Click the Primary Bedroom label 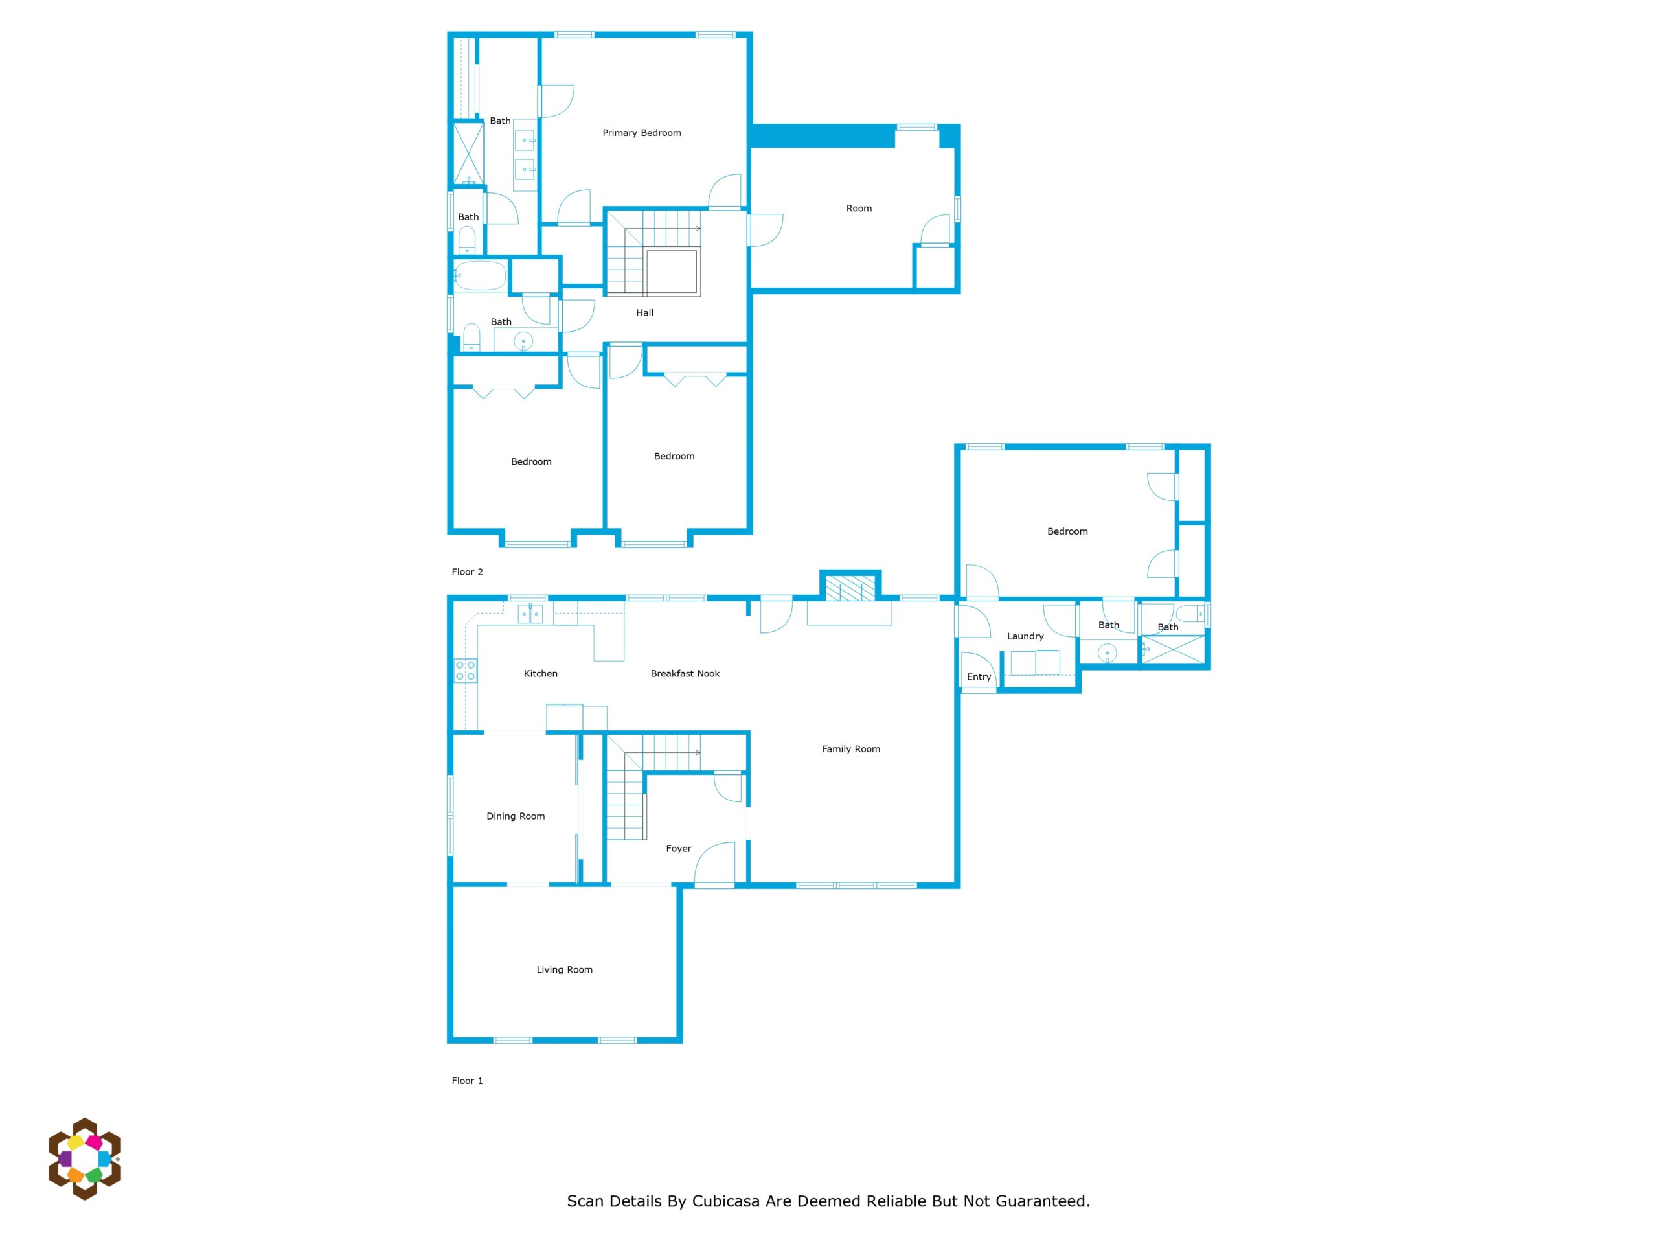point(642,133)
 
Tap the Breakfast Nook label point(685,673)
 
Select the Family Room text point(851,748)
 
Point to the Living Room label point(564,969)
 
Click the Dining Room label point(516,816)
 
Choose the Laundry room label point(1025,636)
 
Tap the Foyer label point(678,848)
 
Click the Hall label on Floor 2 point(644,313)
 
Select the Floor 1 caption point(467,1081)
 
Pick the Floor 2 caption point(467,571)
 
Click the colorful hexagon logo point(85,1158)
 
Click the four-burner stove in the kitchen point(466,671)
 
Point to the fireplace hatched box point(850,587)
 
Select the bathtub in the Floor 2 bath point(480,276)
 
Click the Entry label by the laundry point(979,676)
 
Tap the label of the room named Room point(859,209)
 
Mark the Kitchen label point(540,673)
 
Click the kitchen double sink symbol point(530,614)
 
